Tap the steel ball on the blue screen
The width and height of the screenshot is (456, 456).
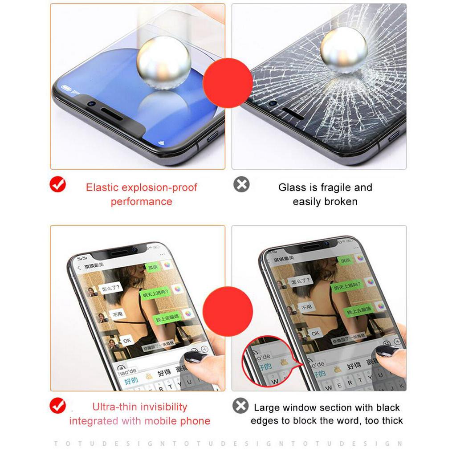click(x=163, y=62)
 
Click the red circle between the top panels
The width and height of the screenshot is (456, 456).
click(x=228, y=83)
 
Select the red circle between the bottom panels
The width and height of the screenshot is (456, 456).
click(x=228, y=311)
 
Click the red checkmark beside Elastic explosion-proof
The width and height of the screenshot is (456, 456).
click(x=58, y=184)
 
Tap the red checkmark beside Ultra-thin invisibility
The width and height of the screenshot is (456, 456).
click(x=58, y=405)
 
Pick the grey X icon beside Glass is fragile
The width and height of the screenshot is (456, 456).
click(x=241, y=184)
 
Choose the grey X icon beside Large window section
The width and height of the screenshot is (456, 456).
click(x=240, y=406)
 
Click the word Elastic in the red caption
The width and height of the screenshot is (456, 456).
click(x=102, y=187)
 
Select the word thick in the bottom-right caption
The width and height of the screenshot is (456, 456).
click(x=391, y=421)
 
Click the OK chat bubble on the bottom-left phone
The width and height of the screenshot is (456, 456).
click(x=127, y=340)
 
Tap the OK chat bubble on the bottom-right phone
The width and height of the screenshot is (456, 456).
click(x=315, y=333)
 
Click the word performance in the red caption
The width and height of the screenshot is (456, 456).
click(x=141, y=202)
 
